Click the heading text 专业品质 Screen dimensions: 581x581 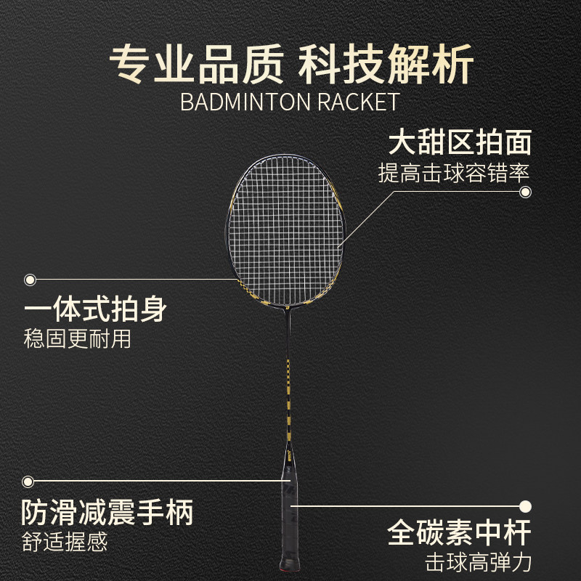pyautogui.click(x=195, y=65)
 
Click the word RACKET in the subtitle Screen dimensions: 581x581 pyautogui.click(x=358, y=101)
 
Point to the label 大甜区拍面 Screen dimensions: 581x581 pyautogui.click(x=460, y=142)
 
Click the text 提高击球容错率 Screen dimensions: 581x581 pyautogui.click(x=454, y=173)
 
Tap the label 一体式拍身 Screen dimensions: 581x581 pyautogui.click(x=96, y=310)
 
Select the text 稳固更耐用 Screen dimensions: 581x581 pyautogui.click(x=78, y=339)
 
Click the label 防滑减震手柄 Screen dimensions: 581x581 pyautogui.click(x=107, y=513)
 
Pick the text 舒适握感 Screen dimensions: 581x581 pyautogui.click(x=67, y=541)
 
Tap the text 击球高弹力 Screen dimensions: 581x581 pyautogui.click(x=479, y=562)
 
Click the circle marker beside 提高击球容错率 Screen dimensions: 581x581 pyautogui.click(x=525, y=192)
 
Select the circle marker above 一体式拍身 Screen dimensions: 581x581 pyautogui.click(x=31, y=280)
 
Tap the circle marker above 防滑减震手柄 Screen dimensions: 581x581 pyautogui.click(x=28, y=481)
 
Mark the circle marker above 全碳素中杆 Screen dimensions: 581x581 pyautogui.click(x=526, y=505)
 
